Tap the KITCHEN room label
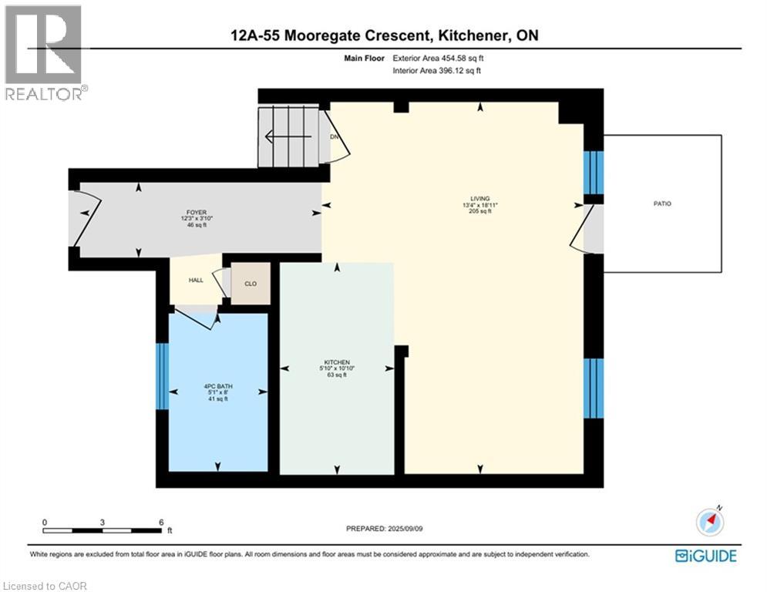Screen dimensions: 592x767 coord(337,362)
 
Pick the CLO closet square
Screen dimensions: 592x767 coord(251,283)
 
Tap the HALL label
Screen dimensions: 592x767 coord(196,280)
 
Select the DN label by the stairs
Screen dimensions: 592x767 coord(335,136)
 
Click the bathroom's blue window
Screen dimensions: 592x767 coord(162,376)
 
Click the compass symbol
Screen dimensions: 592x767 coord(709,522)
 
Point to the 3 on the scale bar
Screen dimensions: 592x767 coord(103,522)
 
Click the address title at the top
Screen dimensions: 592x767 coord(383,35)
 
